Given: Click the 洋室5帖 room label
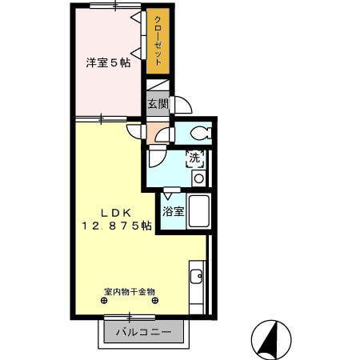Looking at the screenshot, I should pyautogui.click(x=108, y=62).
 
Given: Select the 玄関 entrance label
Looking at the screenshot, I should pyautogui.click(x=157, y=103).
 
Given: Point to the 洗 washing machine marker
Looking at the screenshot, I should pyautogui.click(x=194, y=158).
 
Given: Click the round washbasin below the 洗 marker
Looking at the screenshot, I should pyautogui.click(x=198, y=177).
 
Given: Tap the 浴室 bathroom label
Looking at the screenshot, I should pyautogui.click(x=174, y=212).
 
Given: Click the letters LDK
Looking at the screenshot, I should pyautogui.click(x=115, y=212).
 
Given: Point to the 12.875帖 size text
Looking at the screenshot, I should pyautogui.click(x=115, y=226).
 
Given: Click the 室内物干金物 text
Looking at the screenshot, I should pyautogui.click(x=129, y=291).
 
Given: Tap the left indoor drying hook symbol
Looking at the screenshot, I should pyautogui.click(x=104, y=301).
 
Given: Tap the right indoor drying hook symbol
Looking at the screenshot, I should pyautogui.click(x=158, y=301).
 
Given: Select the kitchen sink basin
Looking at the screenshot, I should pyautogui.click(x=197, y=278).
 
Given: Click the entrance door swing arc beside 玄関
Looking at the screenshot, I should pyautogui.click(x=182, y=105).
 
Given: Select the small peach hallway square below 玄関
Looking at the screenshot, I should pyautogui.click(x=154, y=133).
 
